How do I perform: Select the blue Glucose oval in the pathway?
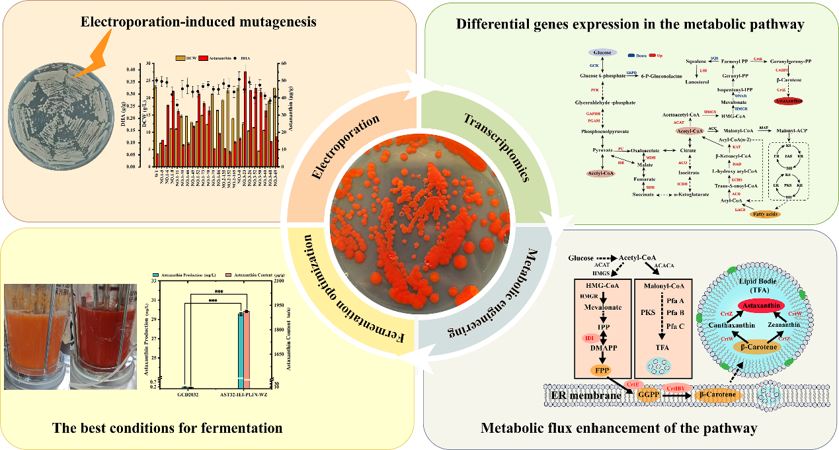coord(602,52)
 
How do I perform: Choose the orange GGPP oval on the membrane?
coord(645,394)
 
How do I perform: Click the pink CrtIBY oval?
coord(675,387)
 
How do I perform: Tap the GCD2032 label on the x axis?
coord(188,394)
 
